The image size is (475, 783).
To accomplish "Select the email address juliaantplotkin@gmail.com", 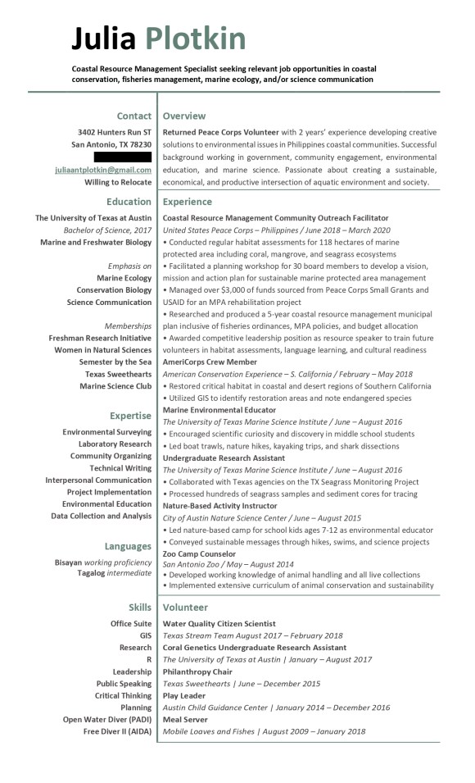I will click(x=115, y=170).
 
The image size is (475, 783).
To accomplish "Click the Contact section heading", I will click(x=133, y=116).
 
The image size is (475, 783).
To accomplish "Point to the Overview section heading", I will click(x=184, y=116).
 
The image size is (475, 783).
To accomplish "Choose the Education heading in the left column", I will click(x=129, y=202).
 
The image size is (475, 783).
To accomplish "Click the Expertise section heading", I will click(x=130, y=416).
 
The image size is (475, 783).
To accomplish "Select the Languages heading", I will click(x=128, y=546).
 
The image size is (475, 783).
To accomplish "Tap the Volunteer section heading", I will click(x=185, y=608).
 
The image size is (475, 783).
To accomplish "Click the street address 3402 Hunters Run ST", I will click(x=115, y=132).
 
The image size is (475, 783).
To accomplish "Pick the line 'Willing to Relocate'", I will click(x=118, y=182).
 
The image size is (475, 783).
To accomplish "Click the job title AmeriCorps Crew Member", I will click(x=210, y=362).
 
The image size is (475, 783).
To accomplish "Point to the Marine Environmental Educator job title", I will click(x=219, y=410).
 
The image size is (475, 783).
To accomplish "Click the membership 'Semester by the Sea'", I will click(x=115, y=362).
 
